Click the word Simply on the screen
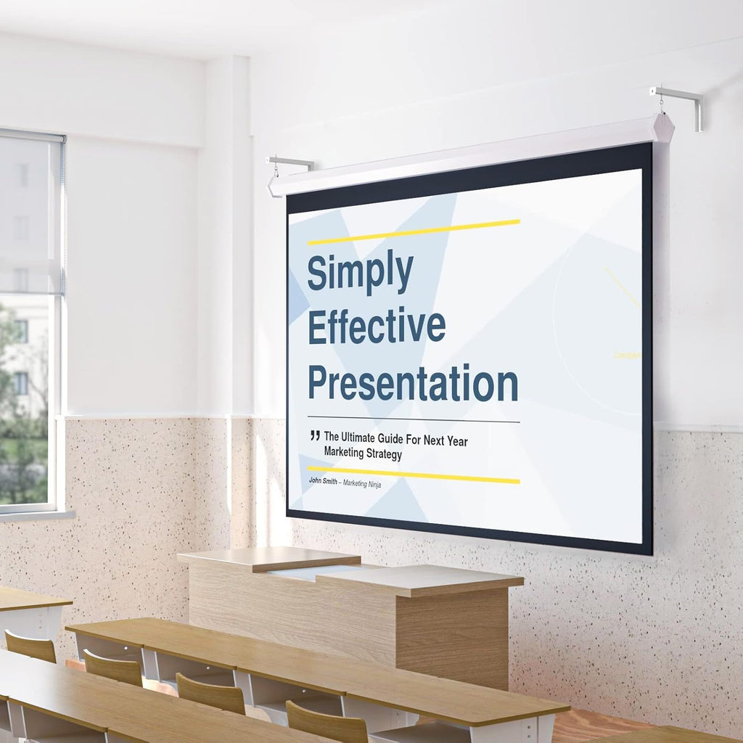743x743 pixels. click(360, 272)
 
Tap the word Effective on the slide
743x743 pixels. click(376, 327)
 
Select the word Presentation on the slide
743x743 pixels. click(412, 384)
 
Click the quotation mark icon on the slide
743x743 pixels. click(314, 436)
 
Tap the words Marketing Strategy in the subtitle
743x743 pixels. click(363, 454)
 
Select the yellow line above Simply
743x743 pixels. click(414, 231)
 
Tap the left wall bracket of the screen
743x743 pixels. click(290, 163)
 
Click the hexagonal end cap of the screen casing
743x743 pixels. click(662, 128)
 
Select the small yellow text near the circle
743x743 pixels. click(627, 355)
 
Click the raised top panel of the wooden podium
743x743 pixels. click(270, 558)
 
